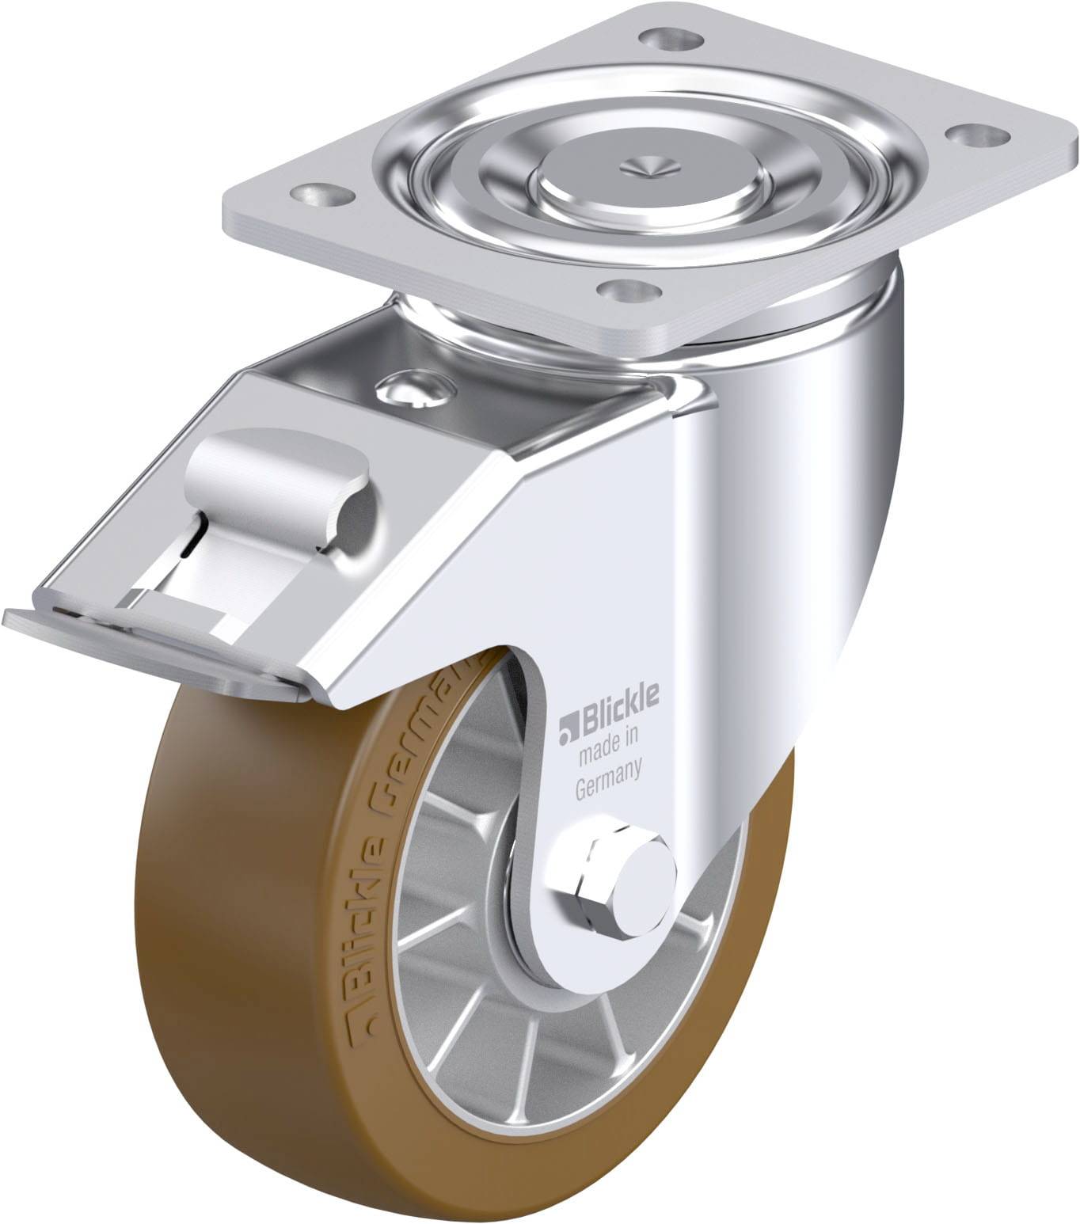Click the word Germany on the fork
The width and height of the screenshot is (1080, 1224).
pyautogui.click(x=607, y=780)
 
